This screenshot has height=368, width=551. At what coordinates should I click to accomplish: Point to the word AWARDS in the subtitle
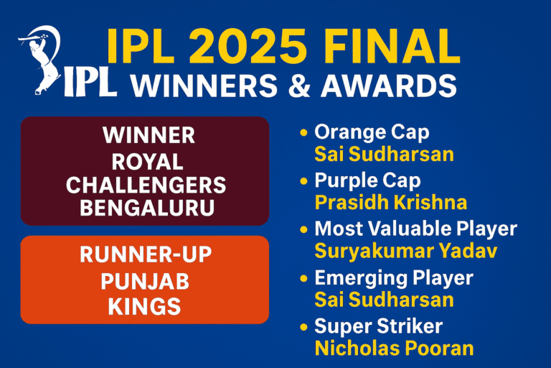[x=387, y=86]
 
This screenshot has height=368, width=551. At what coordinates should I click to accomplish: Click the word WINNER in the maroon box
[x=149, y=136]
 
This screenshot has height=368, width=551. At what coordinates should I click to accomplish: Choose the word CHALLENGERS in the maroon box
[x=146, y=185]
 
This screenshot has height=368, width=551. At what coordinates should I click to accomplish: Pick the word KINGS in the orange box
[x=146, y=306]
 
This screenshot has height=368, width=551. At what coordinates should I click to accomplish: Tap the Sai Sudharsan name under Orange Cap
[x=384, y=154]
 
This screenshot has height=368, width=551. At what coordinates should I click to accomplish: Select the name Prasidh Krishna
[x=391, y=202]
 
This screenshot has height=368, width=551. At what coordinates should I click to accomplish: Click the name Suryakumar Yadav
[x=406, y=251]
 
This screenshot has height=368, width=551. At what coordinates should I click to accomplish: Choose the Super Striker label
[x=379, y=326]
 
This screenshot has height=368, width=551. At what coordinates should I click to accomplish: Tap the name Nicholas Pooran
[x=395, y=348]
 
